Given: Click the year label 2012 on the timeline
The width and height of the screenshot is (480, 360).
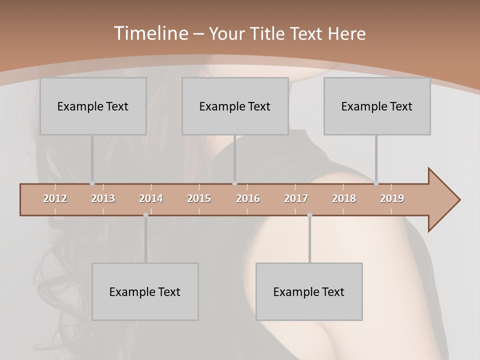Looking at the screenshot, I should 55,198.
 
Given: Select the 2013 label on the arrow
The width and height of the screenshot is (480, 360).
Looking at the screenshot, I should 103,198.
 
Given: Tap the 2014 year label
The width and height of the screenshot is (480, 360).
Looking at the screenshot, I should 151,198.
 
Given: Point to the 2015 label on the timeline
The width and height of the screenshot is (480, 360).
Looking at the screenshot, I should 199,198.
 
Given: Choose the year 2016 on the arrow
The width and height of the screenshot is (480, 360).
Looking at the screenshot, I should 248,198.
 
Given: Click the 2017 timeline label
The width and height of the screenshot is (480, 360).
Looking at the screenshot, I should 296,198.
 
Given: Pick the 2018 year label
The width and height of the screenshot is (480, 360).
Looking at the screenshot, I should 344,198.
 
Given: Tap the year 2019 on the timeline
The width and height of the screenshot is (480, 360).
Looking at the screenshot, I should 392,198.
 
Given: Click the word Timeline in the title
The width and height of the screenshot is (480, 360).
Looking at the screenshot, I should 150,33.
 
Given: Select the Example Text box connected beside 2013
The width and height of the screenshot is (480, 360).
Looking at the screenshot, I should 93,106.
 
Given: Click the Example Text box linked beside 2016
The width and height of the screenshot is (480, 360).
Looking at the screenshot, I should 235,106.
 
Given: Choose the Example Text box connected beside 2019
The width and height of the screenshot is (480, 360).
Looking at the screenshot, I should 377,106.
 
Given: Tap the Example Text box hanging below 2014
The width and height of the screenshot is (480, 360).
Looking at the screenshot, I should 145,291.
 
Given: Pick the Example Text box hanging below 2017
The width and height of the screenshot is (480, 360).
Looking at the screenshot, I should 309,291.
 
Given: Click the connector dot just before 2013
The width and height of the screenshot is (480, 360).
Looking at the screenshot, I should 92,183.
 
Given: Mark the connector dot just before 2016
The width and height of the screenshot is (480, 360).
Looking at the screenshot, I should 235,183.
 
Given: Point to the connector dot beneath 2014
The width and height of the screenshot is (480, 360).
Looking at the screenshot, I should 145,215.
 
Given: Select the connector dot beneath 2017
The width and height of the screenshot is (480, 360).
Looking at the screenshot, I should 309,215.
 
